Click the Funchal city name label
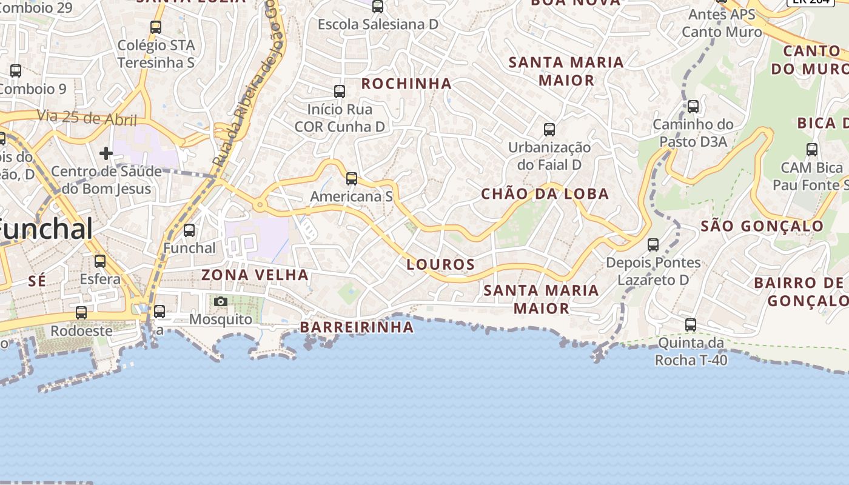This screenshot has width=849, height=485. coord(45,230)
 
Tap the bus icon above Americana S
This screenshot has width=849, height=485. coord(351,179)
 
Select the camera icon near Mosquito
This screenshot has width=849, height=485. coord(221,301)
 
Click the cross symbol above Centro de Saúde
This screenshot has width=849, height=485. coord(106,153)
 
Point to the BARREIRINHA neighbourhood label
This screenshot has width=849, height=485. coord(357,327)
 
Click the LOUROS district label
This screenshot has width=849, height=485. coord(440,264)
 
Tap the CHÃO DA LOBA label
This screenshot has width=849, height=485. coord(545,194)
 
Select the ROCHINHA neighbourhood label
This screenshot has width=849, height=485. coord(406,84)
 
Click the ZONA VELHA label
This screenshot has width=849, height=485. coord(255,275)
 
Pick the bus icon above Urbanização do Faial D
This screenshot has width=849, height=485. coord(549,129)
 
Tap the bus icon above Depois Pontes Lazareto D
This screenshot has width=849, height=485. coord(653,245)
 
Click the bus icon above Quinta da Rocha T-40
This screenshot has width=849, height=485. coord(690,325)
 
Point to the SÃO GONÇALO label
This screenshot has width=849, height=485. coord(762,227)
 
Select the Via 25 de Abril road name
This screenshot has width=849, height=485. coord(87,118)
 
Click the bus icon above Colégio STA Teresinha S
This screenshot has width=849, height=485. coord(156,27)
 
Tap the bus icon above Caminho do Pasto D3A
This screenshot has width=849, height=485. coord(693,107)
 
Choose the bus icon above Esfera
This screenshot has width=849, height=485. coord(100,261)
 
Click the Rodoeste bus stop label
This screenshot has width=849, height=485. coord(81,331)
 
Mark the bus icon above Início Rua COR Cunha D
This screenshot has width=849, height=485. coord(340,92)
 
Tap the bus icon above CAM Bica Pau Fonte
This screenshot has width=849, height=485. coord(811,150)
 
